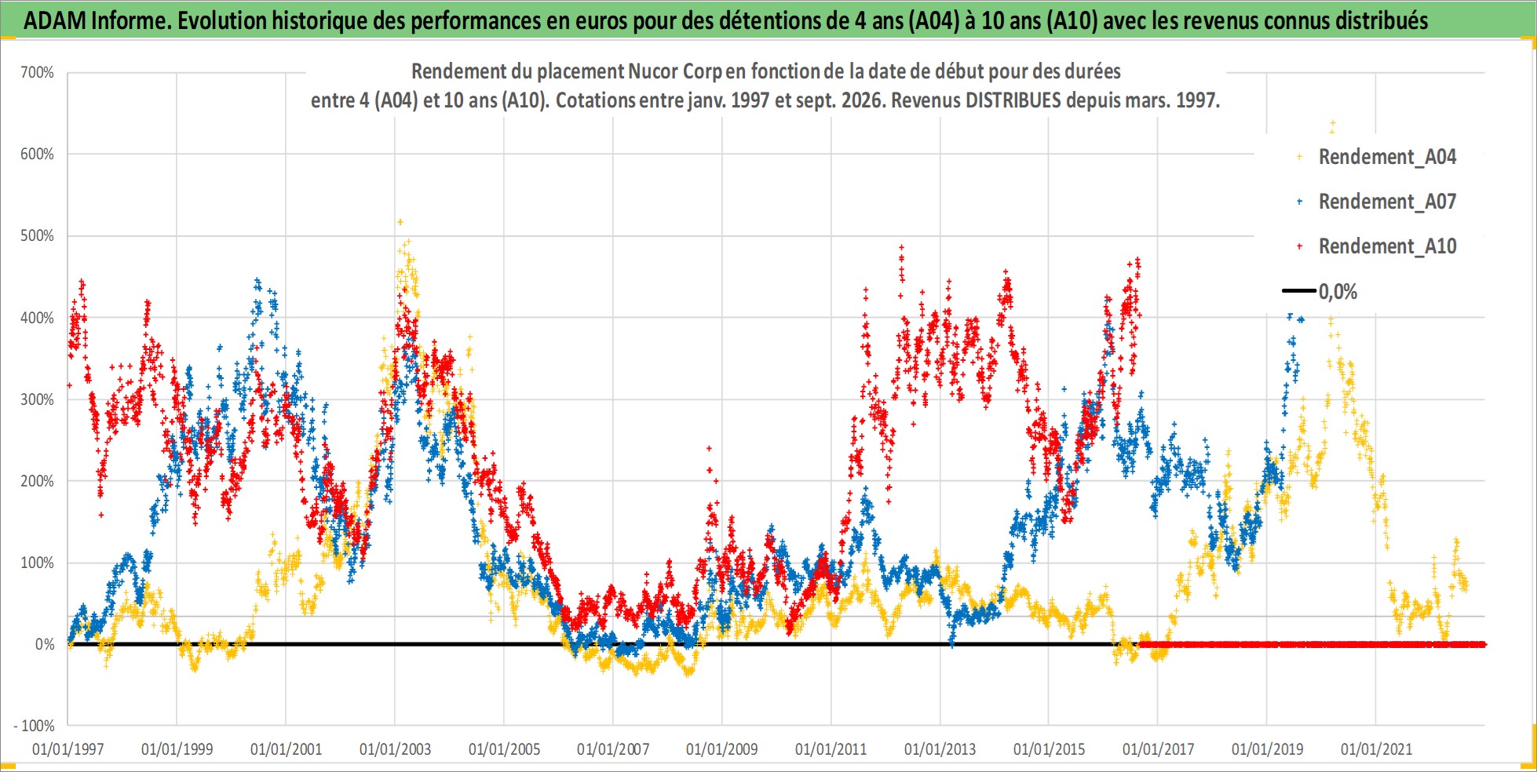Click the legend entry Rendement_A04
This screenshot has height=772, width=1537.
pos(1387,157)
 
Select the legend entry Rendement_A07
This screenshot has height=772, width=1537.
pos(1387,202)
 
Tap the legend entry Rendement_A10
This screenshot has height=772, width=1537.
pos(1387,246)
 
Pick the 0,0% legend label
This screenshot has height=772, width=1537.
pos(1338,292)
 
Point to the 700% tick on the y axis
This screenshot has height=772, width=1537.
pos(37,72)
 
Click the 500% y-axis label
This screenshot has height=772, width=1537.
pos(37,235)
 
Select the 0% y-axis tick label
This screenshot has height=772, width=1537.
pos(45,644)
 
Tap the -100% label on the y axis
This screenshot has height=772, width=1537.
pos(35,726)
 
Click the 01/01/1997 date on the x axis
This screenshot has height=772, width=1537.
pos(68,748)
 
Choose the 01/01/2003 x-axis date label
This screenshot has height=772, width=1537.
pos(395,748)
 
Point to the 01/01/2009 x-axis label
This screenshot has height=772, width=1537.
pos(722,748)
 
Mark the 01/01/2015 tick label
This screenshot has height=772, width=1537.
pos(1050,748)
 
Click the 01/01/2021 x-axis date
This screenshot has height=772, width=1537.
pos(1376,748)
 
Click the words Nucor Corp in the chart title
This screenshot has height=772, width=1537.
pos(674,71)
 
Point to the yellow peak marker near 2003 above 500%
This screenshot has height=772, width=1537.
pos(400,222)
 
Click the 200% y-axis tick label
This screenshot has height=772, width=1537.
pos(37,481)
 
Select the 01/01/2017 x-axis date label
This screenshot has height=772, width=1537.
pos(1158,748)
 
